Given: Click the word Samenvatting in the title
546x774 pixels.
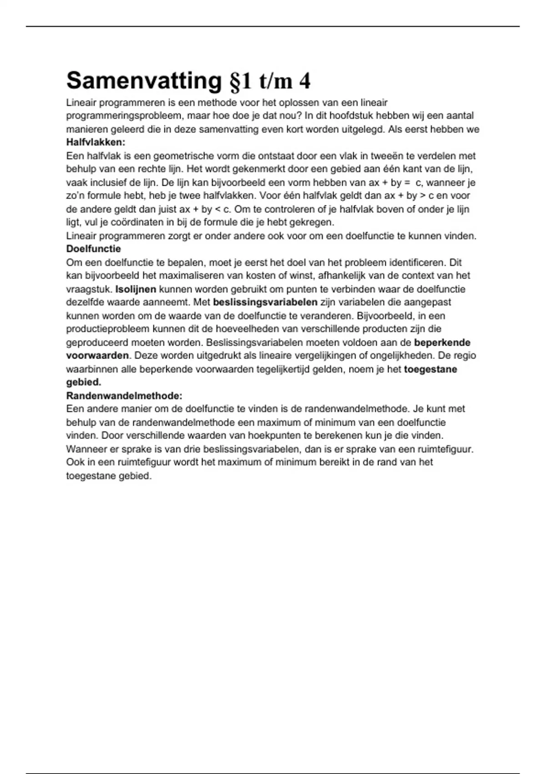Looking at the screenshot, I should click(x=144, y=81).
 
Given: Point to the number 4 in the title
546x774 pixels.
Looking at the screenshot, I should click(x=305, y=81).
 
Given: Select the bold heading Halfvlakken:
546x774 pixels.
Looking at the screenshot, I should click(x=96, y=142).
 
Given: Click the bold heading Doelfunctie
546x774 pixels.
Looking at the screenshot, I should click(x=94, y=249).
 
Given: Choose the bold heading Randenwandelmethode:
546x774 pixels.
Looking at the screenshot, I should click(x=124, y=396).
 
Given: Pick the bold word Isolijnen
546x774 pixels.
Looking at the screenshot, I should click(x=136, y=289).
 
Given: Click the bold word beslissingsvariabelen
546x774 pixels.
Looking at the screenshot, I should click(x=265, y=302).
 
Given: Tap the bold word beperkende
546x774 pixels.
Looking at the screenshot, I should click(x=442, y=342).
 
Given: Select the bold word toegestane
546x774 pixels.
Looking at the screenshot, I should click(x=430, y=369).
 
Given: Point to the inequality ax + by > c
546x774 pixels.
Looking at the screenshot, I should click(x=407, y=196).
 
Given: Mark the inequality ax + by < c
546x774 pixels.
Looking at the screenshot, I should click(x=205, y=209).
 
